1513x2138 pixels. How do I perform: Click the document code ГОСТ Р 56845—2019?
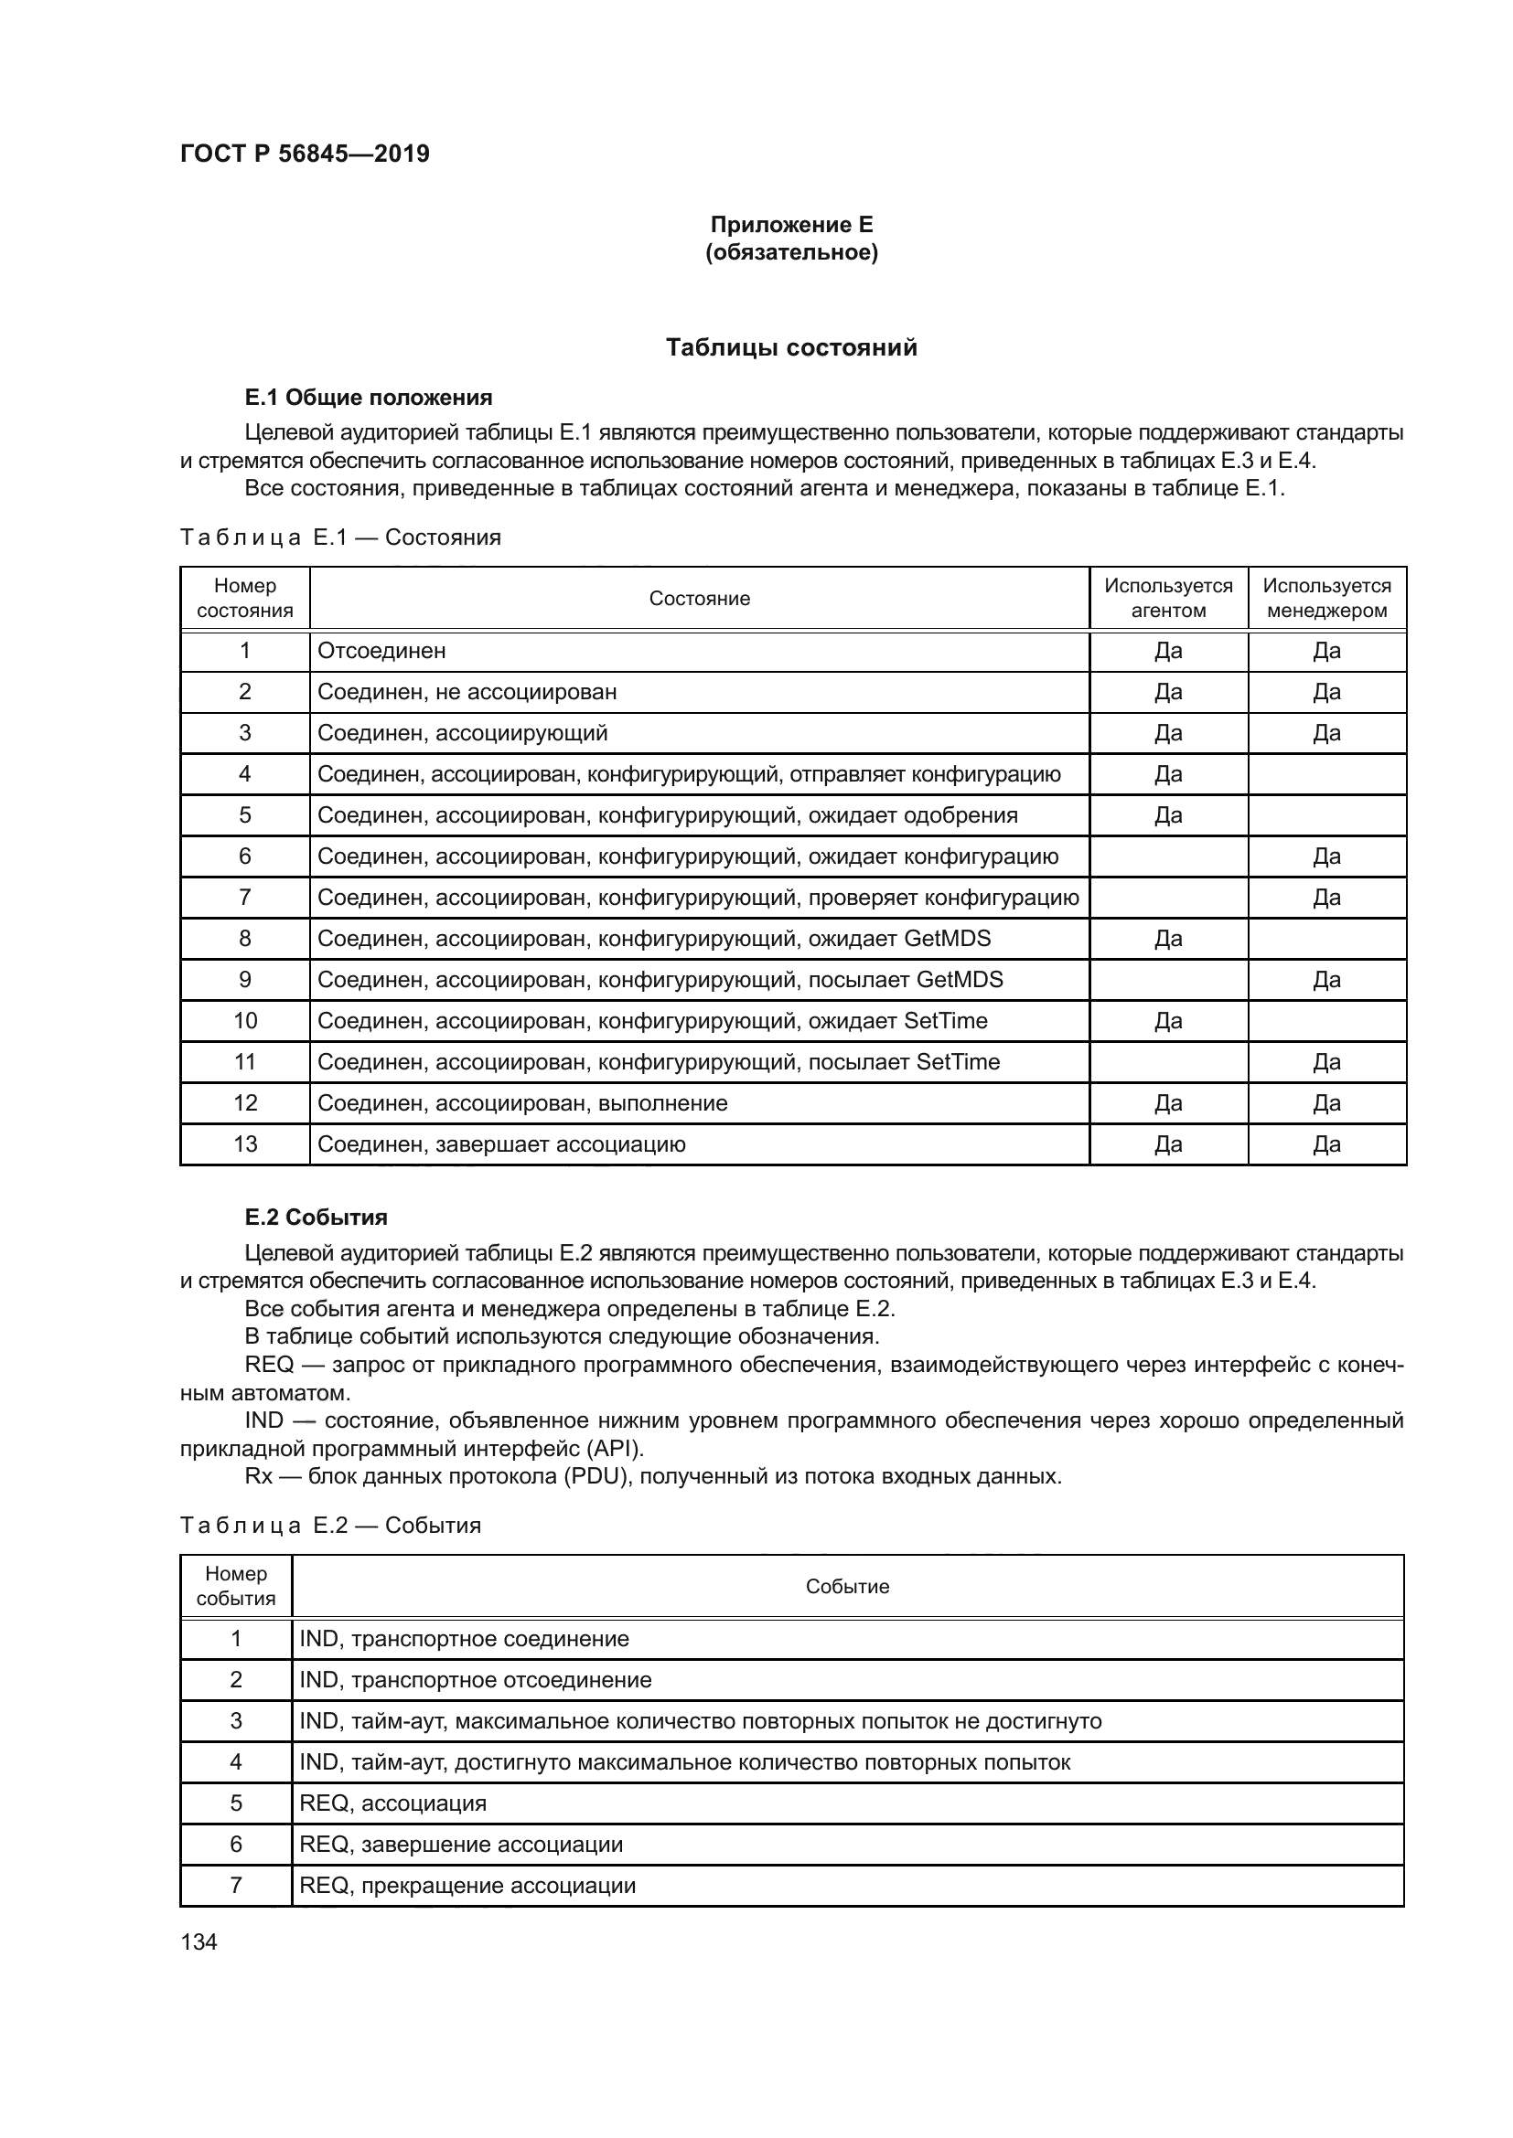pos(305,154)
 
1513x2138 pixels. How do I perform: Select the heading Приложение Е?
pos(791,225)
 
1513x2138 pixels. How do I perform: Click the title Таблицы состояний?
pos(791,347)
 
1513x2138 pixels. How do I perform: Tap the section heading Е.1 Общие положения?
pos(368,398)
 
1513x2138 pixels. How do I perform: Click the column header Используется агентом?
pos(1167,598)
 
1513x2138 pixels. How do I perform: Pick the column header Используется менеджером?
pos(1325,598)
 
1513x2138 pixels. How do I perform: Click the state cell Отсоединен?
pos(382,651)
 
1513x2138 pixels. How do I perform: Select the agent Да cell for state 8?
pos(1167,939)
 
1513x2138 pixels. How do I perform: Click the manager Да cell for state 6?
pos(1325,856)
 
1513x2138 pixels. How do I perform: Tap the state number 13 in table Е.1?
pos(245,1144)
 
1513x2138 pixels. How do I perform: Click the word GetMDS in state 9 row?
pos(959,980)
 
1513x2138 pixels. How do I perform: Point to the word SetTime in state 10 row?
pos(945,1021)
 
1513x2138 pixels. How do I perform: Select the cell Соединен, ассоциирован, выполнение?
pos(521,1103)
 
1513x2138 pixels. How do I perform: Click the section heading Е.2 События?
pos(316,1217)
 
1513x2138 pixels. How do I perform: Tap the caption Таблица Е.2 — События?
pos(331,1526)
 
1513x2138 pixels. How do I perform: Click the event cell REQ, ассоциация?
pos(392,1803)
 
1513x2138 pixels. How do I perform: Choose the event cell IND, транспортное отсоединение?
pos(475,1680)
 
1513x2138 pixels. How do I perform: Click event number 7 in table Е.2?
pos(236,1886)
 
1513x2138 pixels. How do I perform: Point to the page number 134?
pos(199,1941)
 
